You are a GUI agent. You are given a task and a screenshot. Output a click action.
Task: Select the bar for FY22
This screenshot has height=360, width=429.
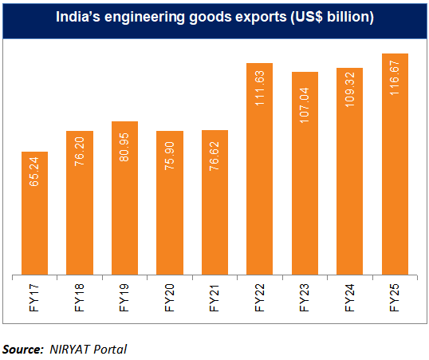[x=260, y=169]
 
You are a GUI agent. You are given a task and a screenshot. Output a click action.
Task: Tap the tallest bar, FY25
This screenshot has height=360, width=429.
[x=396, y=164]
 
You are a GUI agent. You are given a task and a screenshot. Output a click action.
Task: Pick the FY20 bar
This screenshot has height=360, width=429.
[x=170, y=203]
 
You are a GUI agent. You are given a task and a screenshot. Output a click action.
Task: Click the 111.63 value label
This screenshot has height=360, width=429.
[x=260, y=92]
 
